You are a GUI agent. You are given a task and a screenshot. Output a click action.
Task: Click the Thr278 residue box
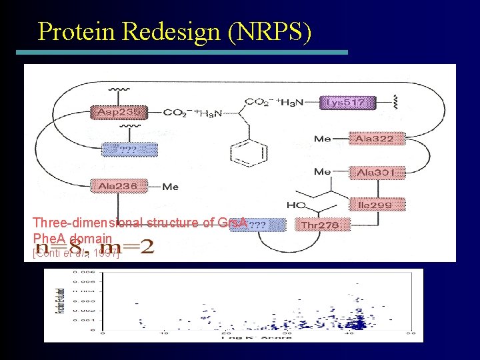pyautogui.click(x=321, y=225)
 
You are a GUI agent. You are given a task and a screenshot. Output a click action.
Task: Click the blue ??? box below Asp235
pyautogui.click(x=129, y=150)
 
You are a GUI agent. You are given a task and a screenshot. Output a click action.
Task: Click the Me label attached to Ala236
pyautogui.click(x=170, y=187)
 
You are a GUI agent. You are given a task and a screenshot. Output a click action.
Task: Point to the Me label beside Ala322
pyautogui.click(x=322, y=139)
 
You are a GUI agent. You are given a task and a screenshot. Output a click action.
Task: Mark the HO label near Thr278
pyautogui.click(x=293, y=204)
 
